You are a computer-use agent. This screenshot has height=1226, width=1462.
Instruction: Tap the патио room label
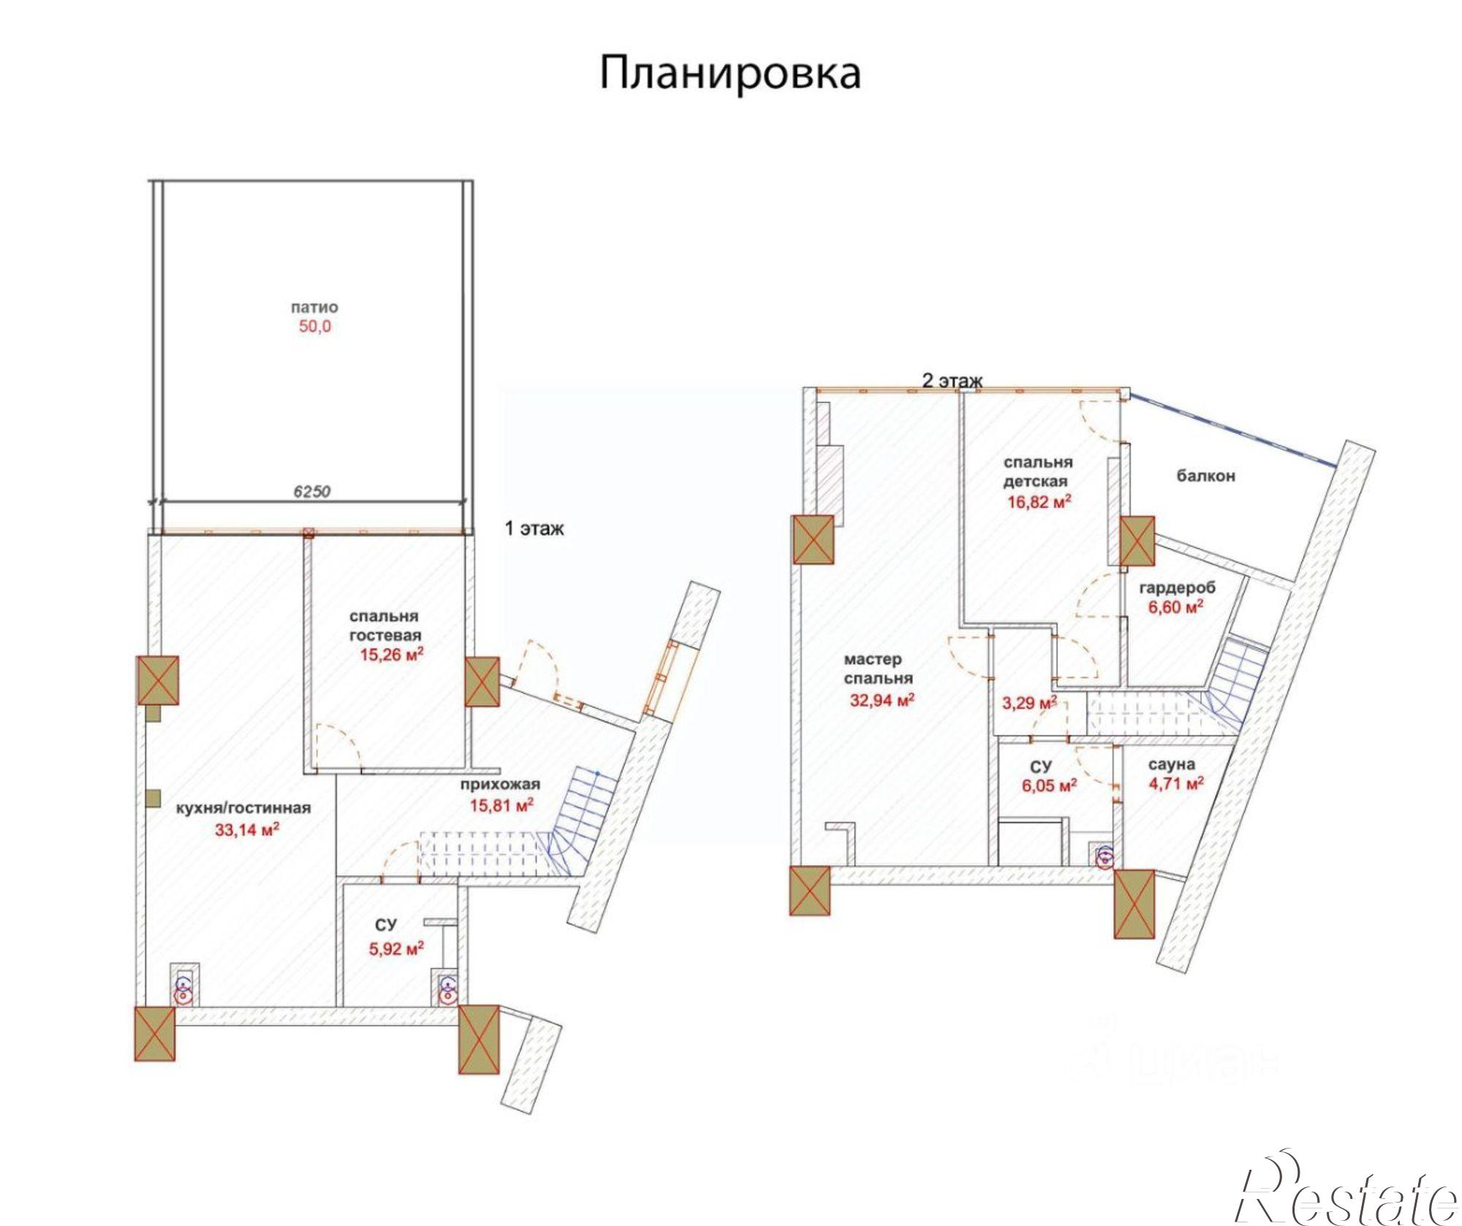314,307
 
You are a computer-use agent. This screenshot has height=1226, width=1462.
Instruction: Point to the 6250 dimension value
311,491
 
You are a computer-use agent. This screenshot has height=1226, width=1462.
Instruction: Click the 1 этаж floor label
534,528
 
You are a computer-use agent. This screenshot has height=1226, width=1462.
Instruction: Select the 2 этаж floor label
952,380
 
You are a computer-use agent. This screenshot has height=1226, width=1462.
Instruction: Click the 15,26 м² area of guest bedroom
392,655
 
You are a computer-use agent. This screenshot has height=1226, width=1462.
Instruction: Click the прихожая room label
500,785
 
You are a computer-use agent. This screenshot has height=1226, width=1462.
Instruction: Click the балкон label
1205,476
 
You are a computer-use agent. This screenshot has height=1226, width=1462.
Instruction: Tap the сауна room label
1171,765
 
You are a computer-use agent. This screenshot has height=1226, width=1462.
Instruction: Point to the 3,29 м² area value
1029,704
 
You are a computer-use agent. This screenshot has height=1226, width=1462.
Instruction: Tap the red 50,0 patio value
314,327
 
